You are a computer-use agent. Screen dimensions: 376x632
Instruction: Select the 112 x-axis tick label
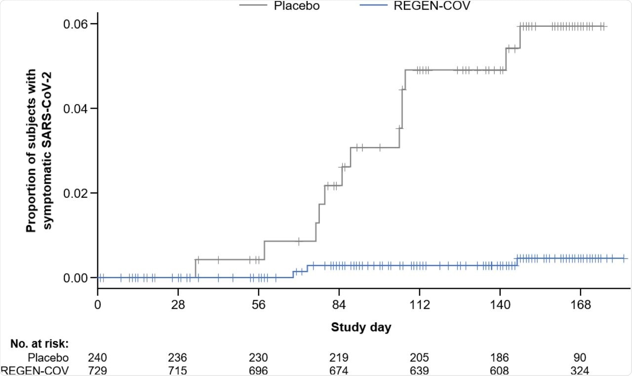[x=419, y=304]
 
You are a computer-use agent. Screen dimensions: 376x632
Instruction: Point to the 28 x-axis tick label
[x=178, y=304]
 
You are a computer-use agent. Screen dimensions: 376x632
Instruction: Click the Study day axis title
[x=361, y=327]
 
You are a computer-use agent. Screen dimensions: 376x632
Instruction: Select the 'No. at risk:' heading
[x=39, y=343]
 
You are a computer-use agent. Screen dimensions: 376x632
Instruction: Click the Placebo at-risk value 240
[x=98, y=358]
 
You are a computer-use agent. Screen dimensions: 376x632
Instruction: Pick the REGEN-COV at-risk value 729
[x=98, y=370]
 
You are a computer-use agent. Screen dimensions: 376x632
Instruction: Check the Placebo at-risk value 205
[x=419, y=358]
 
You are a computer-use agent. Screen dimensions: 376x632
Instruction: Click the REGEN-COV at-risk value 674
[x=339, y=370]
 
